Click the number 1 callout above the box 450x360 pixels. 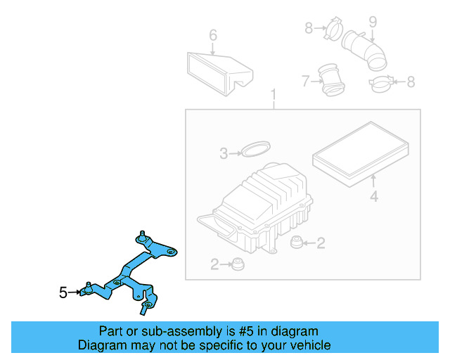coord(274,95)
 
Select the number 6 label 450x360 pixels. coord(213,35)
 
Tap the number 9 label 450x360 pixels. coord(373,22)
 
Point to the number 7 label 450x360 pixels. coord(304,82)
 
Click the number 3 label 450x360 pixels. coord(224,153)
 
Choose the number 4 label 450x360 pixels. coord(374,198)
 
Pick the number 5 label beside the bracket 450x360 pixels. coord(63,292)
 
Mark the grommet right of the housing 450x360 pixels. coord(298,243)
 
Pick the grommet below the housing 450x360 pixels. coord(240,264)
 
